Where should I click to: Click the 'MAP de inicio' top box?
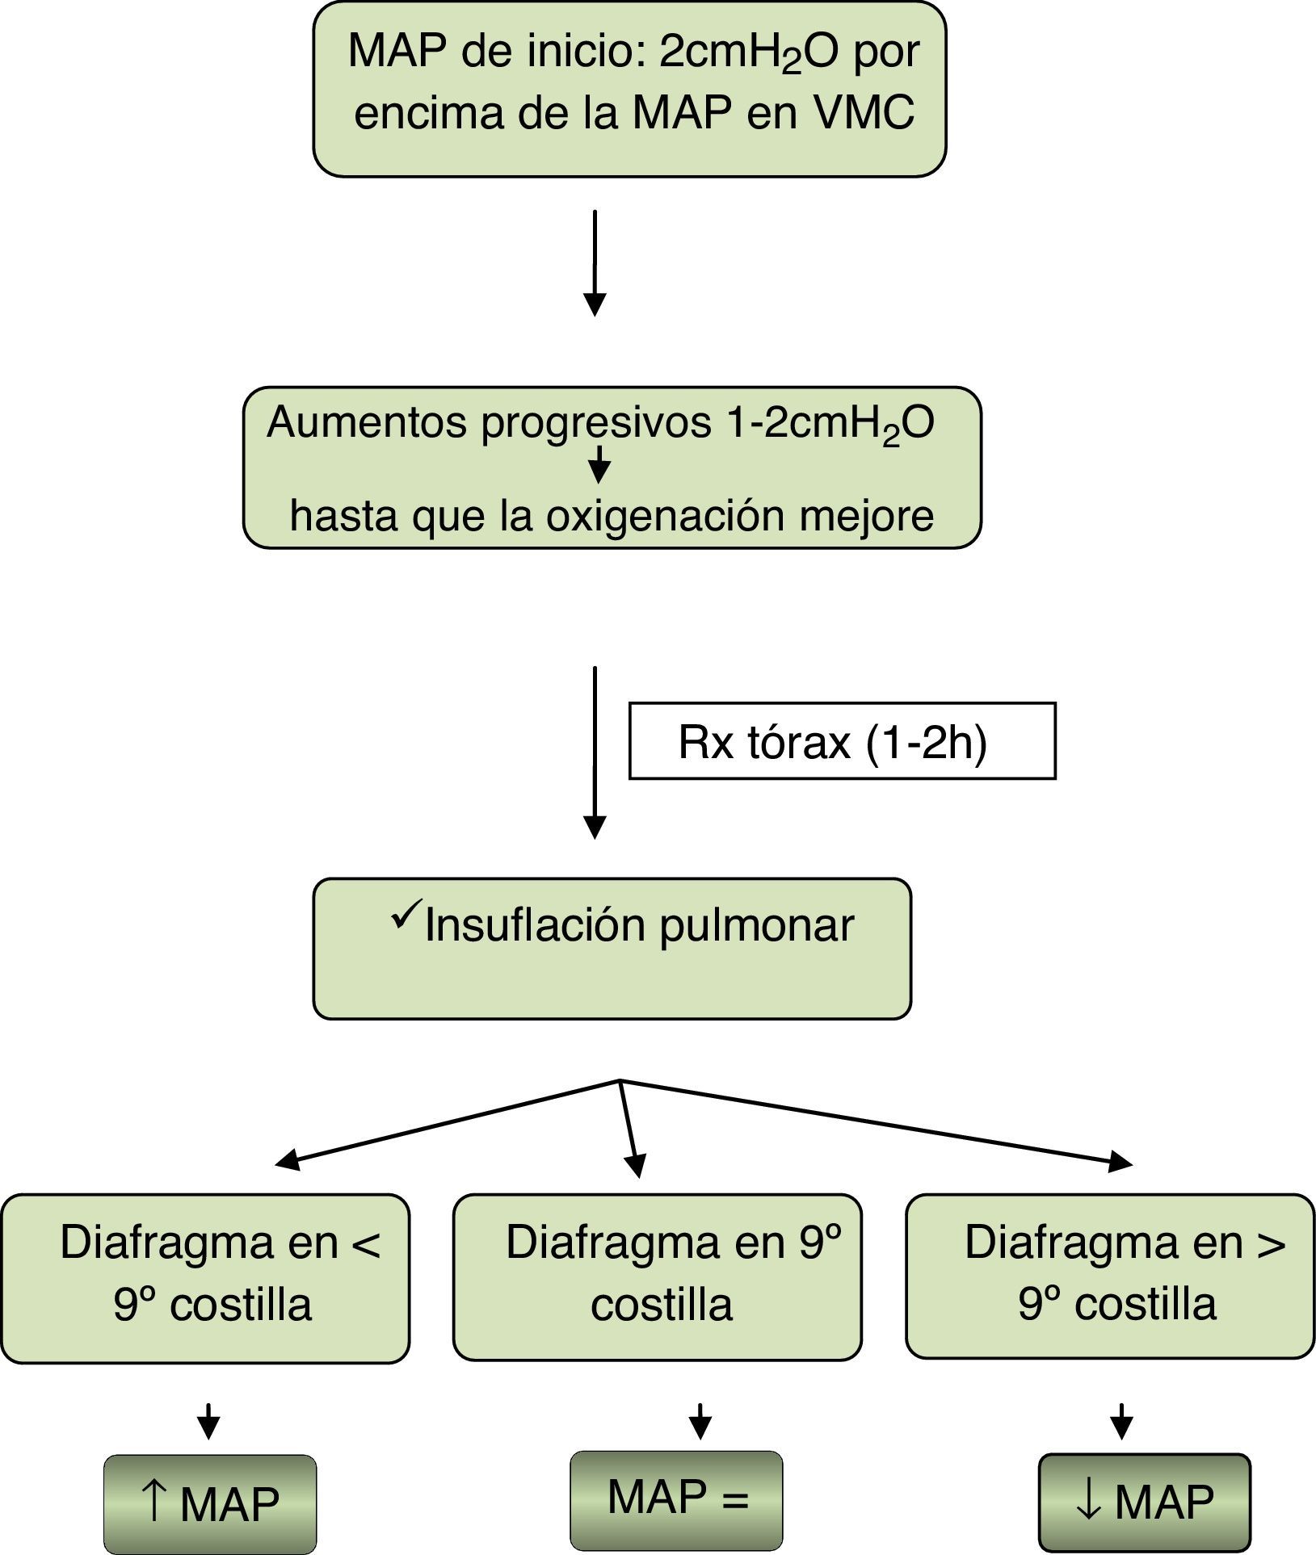click(x=629, y=89)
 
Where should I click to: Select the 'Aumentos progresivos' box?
click(x=612, y=467)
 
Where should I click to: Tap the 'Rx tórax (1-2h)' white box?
click(x=843, y=741)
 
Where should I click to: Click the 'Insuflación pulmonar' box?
click(x=612, y=949)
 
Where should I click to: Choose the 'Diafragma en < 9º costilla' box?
click(x=205, y=1279)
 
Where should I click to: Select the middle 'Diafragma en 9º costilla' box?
click(x=658, y=1277)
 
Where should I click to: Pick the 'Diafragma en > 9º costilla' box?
click(x=1111, y=1276)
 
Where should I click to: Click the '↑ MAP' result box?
click(x=210, y=1504)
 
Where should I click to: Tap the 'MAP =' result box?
click(x=677, y=1500)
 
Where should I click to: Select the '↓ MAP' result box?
click(x=1145, y=1503)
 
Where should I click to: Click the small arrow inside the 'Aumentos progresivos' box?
click(x=599, y=464)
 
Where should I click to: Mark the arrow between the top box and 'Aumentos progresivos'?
click(x=595, y=263)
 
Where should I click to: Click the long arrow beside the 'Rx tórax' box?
click(x=595, y=752)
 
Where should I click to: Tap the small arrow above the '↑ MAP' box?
click(x=208, y=1421)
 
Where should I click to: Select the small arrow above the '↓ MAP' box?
click(x=1120, y=1421)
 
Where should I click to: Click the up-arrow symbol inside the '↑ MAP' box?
click(x=153, y=1502)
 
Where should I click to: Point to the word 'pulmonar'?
click(x=757, y=926)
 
